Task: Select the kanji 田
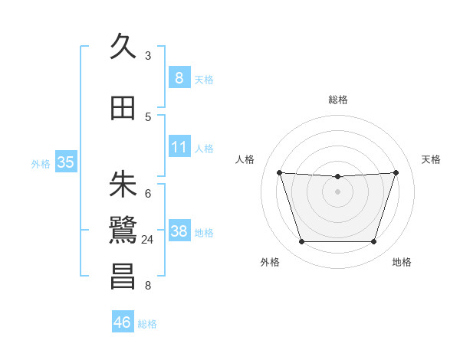point(123,108)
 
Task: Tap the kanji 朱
point(123,184)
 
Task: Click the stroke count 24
point(148,240)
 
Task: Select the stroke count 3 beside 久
point(148,56)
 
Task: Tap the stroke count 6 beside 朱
point(148,193)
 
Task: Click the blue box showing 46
point(122,322)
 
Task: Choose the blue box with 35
point(65,162)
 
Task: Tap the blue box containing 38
point(179,231)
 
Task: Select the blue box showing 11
point(179,146)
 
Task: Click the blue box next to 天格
point(179,77)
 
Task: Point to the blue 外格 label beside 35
point(41,163)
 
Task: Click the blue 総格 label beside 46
point(147,324)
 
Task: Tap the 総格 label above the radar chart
point(337,100)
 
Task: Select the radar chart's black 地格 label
point(402,262)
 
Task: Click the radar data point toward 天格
point(396,172)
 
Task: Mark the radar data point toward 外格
point(301,242)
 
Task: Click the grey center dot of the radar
point(337,191)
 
